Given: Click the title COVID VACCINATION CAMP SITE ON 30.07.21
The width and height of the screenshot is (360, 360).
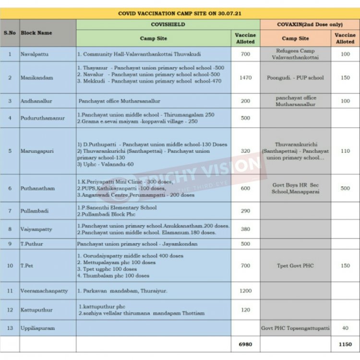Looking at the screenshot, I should pyautogui.click(x=180, y=13).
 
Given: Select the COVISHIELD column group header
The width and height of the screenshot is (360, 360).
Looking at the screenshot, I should pyautogui.click(x=168, y=24).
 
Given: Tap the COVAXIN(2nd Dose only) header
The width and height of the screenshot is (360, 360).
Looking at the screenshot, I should pyautogui.click(x=310, y=24).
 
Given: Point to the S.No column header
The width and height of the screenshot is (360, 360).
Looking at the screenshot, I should pyautogui.click(x=10, y=33).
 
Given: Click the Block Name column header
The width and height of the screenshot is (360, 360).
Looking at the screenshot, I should pyautogui.click(x=36, y=33).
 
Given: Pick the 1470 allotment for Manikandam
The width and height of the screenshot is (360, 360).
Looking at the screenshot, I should pyautogui.click(x=245, y=77).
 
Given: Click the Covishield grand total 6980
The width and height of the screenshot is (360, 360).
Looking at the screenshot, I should pyautogui.click(x=245, y=344).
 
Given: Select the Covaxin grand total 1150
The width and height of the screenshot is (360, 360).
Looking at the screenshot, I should pyautogui.click(x=345, y=344).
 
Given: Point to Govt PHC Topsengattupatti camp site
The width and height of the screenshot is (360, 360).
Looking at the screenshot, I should pyautogui.click(x=295, y=328).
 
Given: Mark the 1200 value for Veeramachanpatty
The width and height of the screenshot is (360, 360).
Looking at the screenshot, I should pyautogui.click(x=245, y=291).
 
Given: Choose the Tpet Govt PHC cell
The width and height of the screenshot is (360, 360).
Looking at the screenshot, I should pyautogui.click(x=295, y=265).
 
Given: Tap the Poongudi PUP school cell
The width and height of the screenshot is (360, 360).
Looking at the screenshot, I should pyautogui.click(x=295, y=77).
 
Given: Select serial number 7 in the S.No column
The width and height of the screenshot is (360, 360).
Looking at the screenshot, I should pyautogui.click(x=10, y=211).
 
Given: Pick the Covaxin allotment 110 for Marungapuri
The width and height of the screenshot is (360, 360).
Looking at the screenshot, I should pyautogui.click(x=345, y=151).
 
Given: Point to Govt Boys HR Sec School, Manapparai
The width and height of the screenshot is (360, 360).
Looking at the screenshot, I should pyautogui.click(x=295, y=188).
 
